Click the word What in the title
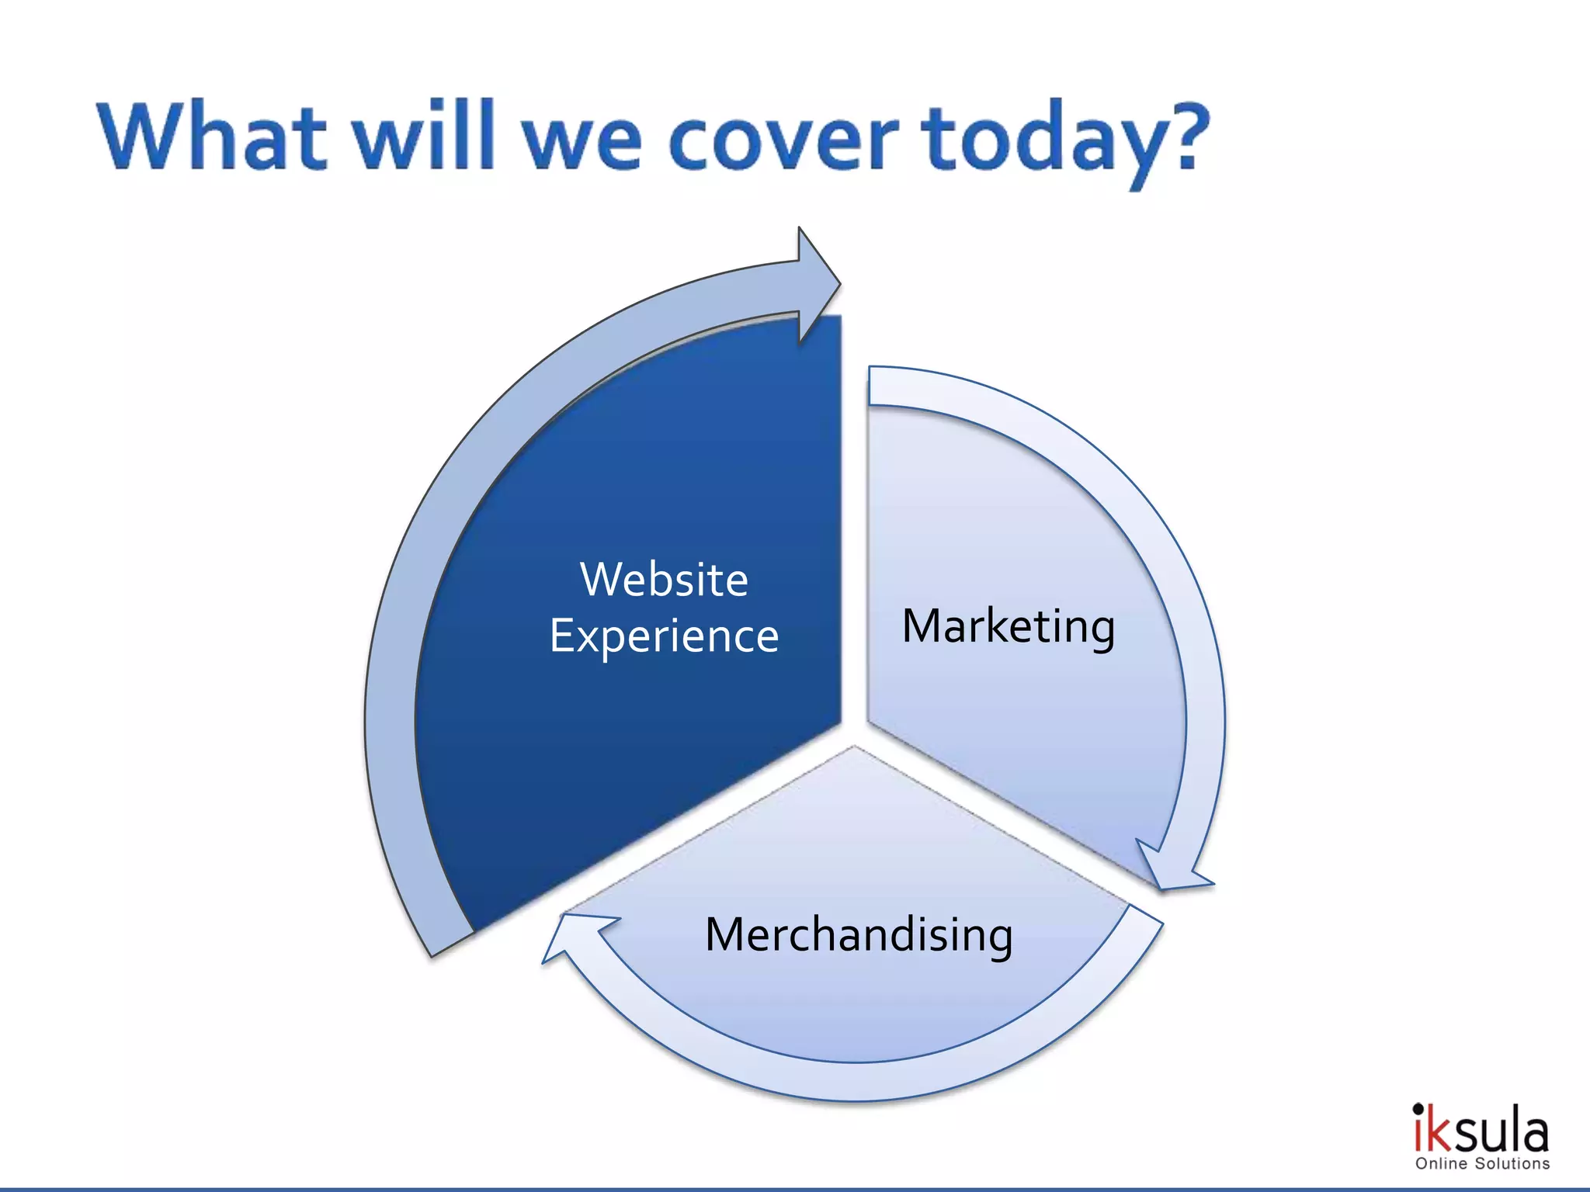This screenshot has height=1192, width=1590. [x=211, y=137]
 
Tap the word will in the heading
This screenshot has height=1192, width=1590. [x=424, y=135]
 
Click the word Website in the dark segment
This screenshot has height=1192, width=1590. [x=664, y=580]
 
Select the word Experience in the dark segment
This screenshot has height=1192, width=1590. [x=664, y=637]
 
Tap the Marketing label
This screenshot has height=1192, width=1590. [x=1008, y=626]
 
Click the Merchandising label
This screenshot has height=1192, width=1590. [x=858, y=934]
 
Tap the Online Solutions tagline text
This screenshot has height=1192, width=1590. [x=1482, y=1164]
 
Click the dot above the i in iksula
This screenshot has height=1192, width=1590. [x=1418, y=1108]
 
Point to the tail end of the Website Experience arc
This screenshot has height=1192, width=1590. [x=452, y=942]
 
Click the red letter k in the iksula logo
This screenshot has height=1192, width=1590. [x=1439, y=1135]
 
